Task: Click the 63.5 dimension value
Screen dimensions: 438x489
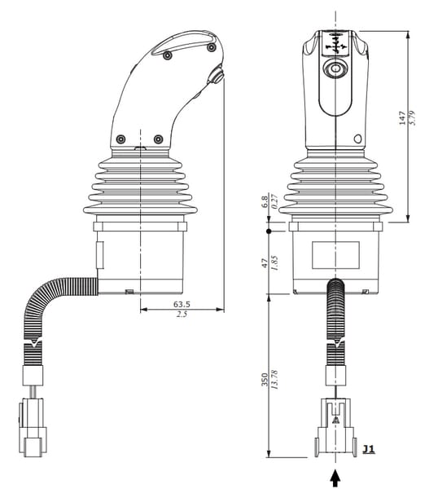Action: (182, 304)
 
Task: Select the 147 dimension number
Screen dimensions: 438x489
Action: (402, 118)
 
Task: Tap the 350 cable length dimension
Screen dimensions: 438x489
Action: (265, 379)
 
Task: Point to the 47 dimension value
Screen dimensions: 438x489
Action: (265, 263)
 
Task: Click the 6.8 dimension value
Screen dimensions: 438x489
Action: (265, 202)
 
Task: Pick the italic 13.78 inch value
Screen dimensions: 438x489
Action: (274, 379)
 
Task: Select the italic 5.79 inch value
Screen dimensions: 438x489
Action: (413, 117)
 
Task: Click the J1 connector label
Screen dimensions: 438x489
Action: (369, 449)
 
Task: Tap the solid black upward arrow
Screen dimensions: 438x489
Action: (335, 478)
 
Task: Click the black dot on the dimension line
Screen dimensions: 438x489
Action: (269, 231)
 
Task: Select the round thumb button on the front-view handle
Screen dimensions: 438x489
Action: (335, 68)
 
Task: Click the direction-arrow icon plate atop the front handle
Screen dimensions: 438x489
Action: (335, 43)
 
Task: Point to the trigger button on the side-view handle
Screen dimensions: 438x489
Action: (216, 75)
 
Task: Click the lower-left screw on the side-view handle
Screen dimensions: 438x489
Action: (120, 139)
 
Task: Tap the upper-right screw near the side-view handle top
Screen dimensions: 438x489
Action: (211, 47)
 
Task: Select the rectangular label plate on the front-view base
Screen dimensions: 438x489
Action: (335, 255)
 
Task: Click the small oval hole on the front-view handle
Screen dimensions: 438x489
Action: (358, 139)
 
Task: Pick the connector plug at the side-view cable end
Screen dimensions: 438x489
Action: (33, 428)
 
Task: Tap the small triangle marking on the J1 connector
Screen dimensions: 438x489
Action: (335, 420)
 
